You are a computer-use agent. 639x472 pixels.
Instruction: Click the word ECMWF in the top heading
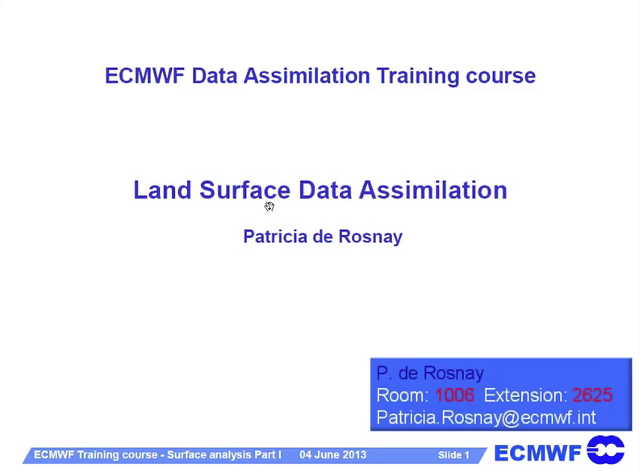pos(144,76)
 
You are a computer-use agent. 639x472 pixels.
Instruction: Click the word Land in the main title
pos(163,190)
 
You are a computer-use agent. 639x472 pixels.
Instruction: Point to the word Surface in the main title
pos(245,190)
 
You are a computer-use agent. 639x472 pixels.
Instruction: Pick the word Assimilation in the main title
pos(432,190)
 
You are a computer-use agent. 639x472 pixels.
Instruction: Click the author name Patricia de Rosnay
pos(323,236)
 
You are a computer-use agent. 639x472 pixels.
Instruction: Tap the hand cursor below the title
pos(269,207)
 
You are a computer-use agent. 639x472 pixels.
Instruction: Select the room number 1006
pos(454,395)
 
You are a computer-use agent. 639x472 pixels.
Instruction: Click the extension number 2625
pos(592,395)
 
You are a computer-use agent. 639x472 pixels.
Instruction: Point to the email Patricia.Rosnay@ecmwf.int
pos(487,417)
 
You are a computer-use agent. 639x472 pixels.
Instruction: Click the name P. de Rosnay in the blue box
pos(430,373)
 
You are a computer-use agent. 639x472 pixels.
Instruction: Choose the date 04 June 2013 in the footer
pos(333,455)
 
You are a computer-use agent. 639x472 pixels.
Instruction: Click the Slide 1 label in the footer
pos(453,455)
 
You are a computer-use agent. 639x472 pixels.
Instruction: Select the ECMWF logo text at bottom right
pos(537,453)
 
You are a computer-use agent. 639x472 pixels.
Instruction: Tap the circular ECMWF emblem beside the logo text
pos(606,449)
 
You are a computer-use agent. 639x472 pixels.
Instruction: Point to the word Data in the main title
pos(325,190)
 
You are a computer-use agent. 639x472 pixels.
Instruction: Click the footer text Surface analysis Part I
pos(224,455)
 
